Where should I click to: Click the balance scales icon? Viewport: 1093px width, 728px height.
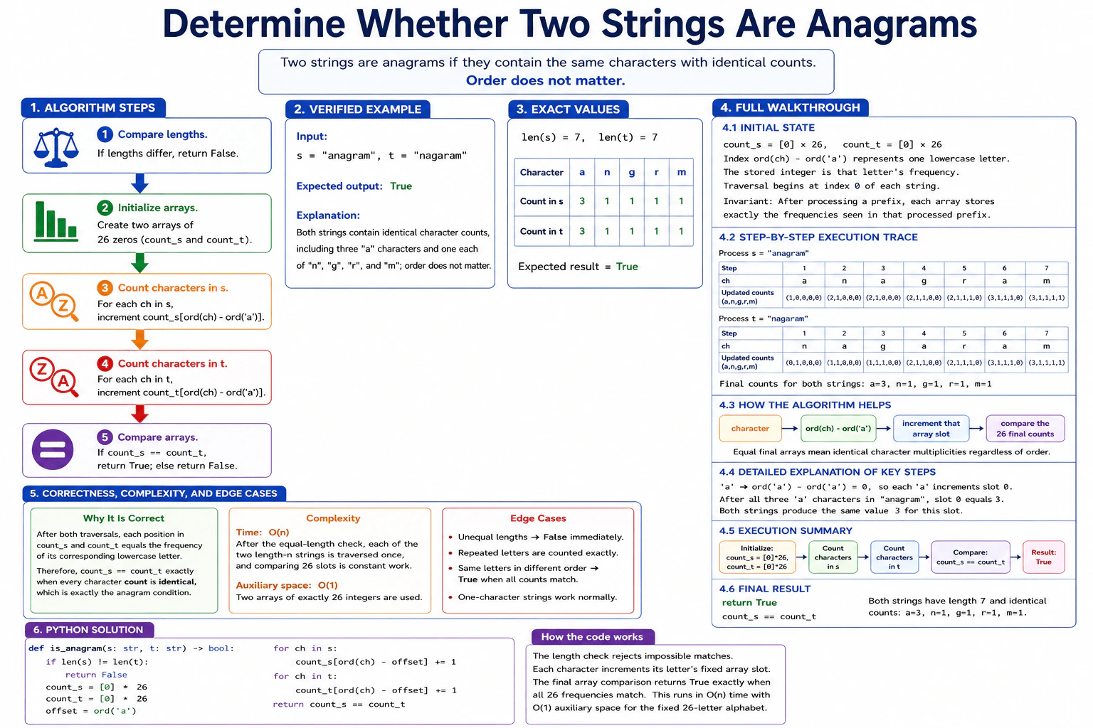(x=56, y=147)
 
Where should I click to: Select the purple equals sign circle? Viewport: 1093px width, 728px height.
(x=53, y=449)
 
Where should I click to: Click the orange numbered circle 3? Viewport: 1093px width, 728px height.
(x=105, y=288)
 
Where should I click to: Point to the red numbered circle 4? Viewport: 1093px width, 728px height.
(x=105, y=363)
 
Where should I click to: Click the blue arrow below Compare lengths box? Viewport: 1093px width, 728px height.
(x=140, y=183)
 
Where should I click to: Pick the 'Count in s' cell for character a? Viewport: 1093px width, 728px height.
(x=582, y=201)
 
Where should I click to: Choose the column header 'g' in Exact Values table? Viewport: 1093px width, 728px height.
(x=632, y=172)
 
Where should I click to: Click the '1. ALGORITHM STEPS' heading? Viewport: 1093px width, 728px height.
(x=93, y=108)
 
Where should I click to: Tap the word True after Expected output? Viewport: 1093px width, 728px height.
(x=401, y=186)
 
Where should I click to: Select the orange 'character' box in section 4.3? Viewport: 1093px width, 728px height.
(x=751, y=428)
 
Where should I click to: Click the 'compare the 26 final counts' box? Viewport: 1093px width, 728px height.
(x=1025, y=428)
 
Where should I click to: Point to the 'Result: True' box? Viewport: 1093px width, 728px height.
(x=1044, y=557)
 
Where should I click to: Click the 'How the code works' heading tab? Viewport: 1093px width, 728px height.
(x=592, y=637)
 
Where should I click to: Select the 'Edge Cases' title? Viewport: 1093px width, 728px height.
(x=538, y=518)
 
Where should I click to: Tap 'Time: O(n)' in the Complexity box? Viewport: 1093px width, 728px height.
(x=263, y=532)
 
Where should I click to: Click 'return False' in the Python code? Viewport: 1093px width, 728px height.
(x=96, y=675)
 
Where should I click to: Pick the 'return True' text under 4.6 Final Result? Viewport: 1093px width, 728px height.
(x=749, y=603)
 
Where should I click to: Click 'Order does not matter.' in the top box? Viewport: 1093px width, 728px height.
(x=546, y=80)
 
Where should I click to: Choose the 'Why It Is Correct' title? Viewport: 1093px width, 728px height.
(x=123, y=518)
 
